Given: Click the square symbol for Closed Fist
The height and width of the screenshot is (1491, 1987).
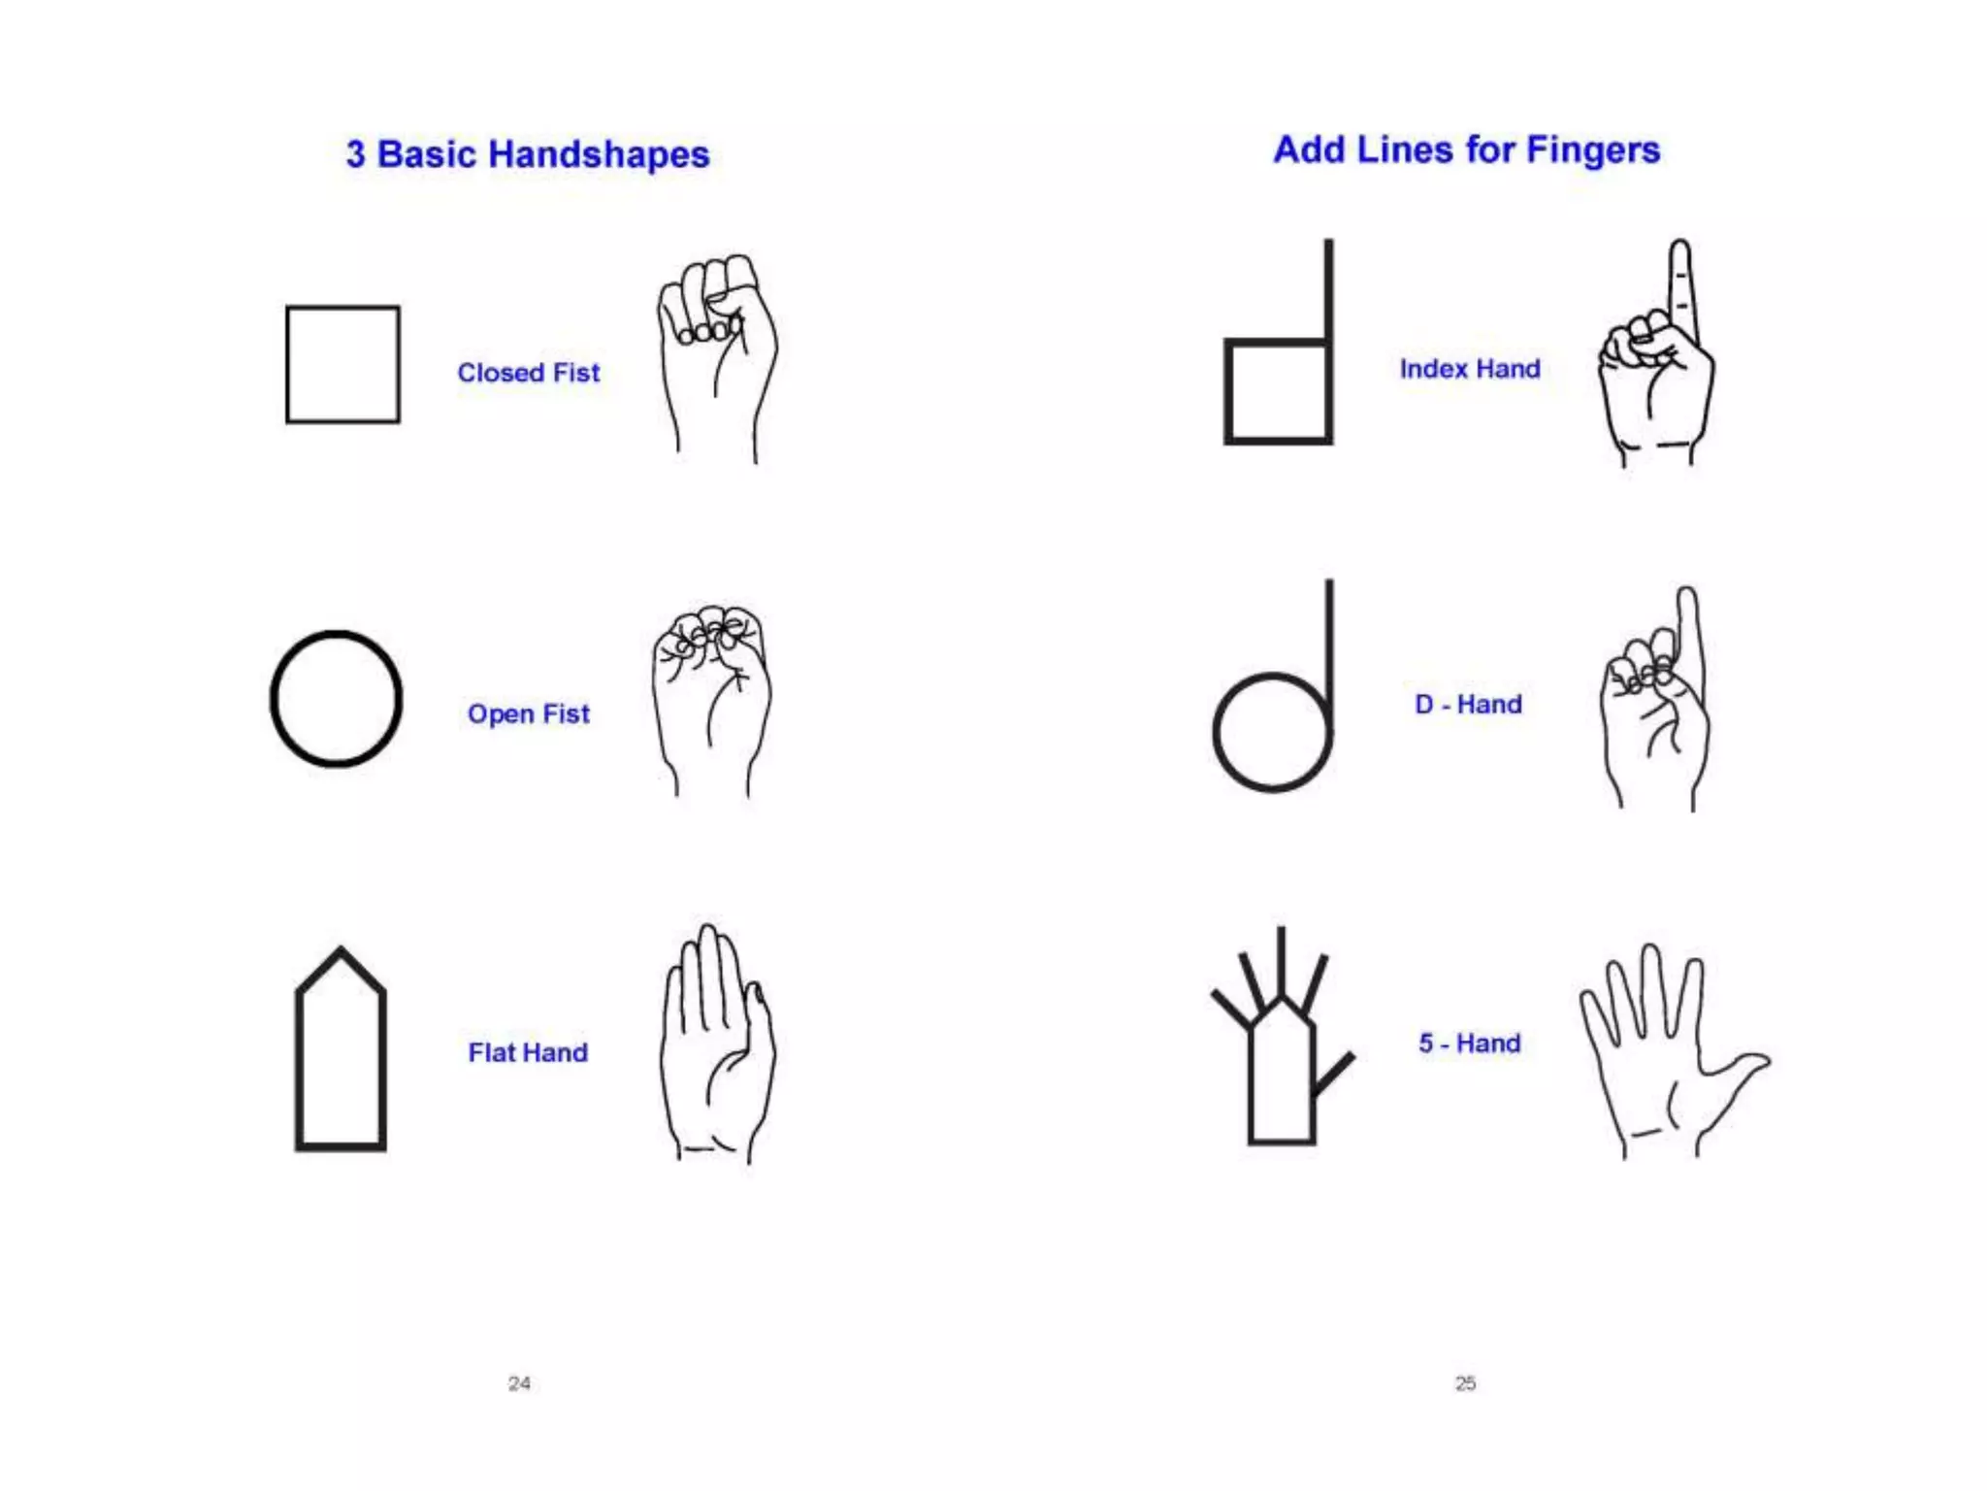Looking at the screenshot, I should tap(342, 364).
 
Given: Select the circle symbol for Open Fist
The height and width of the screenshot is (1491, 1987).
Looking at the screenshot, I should tap(336, 699).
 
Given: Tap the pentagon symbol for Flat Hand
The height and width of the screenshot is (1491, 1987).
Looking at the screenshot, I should tap(341, 1053).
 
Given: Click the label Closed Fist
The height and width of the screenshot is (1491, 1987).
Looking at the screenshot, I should tap(528, 373).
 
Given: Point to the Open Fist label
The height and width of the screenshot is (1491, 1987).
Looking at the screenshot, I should tap(528, 713).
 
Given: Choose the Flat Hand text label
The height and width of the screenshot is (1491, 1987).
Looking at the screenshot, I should tap(528, 1052).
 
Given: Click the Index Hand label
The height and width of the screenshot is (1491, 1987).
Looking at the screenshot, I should tap(1469, 369).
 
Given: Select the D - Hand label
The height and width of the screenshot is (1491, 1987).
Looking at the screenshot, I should tap(1468, 704).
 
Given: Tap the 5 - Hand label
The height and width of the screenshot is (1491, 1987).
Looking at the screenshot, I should tap(1469, 1044).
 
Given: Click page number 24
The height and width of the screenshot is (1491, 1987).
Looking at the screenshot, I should tap(519, 1383).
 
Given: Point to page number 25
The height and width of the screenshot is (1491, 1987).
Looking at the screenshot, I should tap(1465, 1383).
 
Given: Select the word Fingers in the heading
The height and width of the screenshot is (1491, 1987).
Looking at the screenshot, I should tap(1592, 150).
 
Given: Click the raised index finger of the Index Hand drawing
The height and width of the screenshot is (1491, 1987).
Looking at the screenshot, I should tap(1680, 282).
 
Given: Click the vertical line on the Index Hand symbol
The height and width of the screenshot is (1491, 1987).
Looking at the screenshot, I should tap(1328, 291).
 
